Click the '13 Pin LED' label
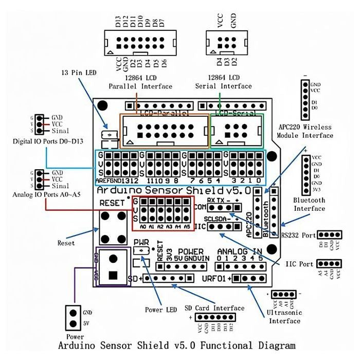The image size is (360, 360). coord(79,73)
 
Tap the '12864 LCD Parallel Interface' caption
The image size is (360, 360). coord(140,82)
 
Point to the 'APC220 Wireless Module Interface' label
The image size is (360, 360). coord(304,131)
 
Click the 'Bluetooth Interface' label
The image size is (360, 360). coord(309,204)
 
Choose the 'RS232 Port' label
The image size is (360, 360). coord(298,235)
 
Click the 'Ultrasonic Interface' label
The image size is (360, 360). coord(284,317)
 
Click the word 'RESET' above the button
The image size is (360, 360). coord(112,203)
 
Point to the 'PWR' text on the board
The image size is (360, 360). coord(141,242)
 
